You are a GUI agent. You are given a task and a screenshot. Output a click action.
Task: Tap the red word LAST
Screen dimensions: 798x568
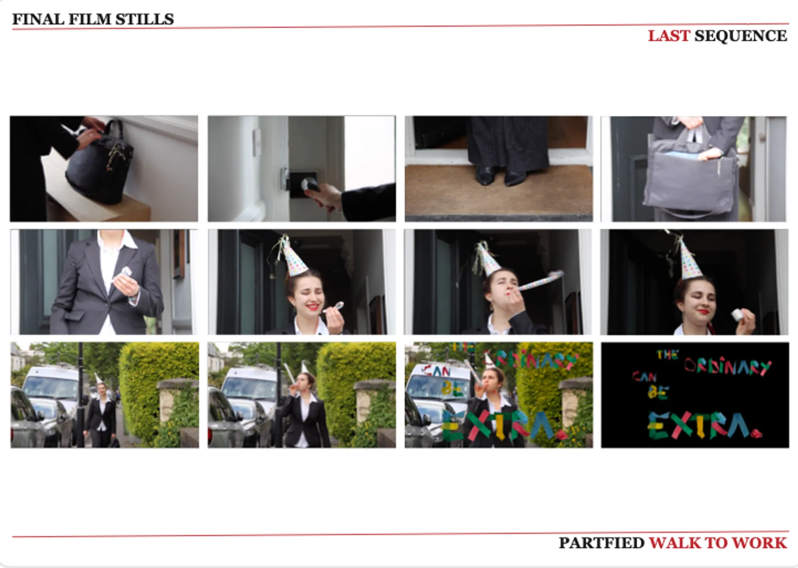pos(669,36)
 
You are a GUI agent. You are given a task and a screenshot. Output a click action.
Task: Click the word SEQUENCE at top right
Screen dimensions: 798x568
pos(741,36)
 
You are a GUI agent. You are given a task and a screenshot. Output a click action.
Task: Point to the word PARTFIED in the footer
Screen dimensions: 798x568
pos(601,543)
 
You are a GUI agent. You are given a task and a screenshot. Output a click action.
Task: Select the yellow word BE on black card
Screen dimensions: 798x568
pos(658,392)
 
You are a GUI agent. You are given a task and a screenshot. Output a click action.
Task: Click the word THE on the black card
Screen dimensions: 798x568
pos(667,355)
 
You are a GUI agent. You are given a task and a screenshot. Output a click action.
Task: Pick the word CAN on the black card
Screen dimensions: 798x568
pos(644,377)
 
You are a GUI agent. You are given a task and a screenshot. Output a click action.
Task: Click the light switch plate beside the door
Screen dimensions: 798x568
pos(258,142)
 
